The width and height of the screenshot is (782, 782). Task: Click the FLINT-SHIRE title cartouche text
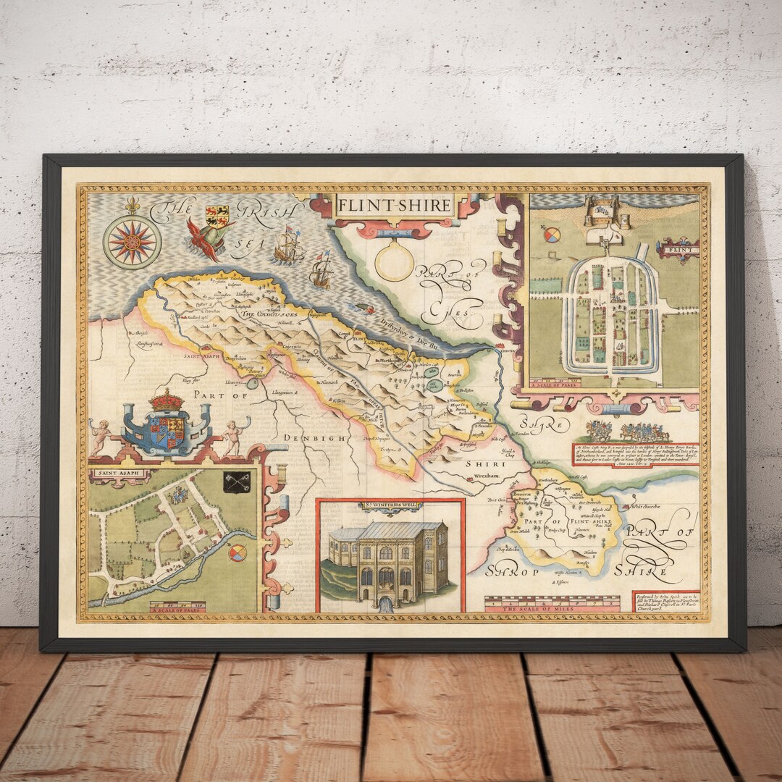point(394,205)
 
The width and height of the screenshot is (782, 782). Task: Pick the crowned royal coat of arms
point(167,426)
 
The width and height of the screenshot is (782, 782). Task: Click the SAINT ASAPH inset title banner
point(119,475)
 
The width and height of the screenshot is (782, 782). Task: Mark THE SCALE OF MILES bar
point(552,604)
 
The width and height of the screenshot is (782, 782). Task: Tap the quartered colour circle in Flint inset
point(552,235)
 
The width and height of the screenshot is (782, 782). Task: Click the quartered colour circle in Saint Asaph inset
point(237,552)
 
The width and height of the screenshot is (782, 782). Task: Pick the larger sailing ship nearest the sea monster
point(288,245)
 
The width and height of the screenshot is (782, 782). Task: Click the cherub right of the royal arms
point(233,436)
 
